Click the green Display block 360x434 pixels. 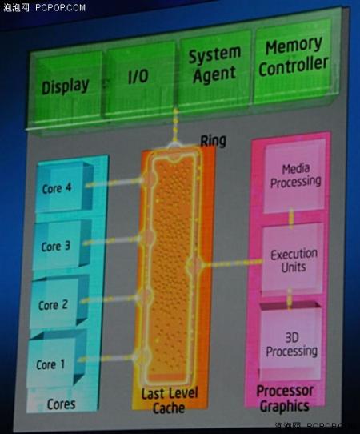point(66,85)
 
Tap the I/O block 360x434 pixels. point(140,78)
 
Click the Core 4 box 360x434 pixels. point(64,187)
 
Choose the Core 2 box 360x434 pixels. point(59,304)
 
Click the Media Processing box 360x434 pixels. point(294,176)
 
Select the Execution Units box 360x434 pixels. point(293,260)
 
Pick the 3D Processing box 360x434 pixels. point(291,344)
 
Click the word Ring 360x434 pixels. point(213,141)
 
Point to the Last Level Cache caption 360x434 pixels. point(170,400)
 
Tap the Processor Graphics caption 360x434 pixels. point(285,398)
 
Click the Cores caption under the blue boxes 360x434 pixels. point(61,404)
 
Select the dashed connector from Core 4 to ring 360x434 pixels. point(115,183)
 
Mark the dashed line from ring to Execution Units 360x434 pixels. point(232,263)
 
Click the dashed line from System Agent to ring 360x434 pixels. point(175,126)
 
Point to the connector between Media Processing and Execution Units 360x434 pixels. point(291,219)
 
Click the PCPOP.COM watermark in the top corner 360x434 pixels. point(60,7)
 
